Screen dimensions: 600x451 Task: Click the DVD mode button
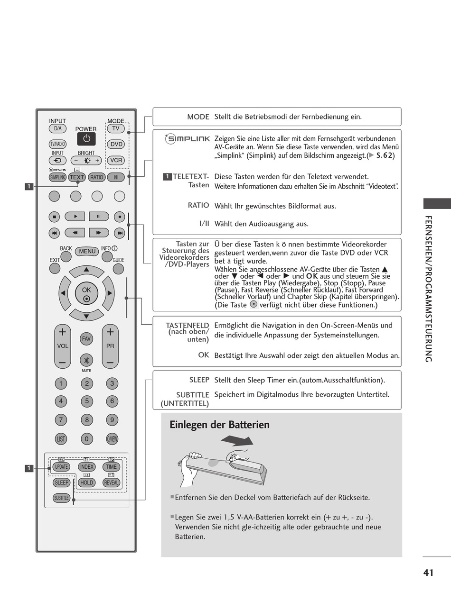[116, 144]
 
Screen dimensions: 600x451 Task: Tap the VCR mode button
[116, 160]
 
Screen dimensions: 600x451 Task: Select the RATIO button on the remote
[96, 177]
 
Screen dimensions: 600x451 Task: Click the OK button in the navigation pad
[86, 294]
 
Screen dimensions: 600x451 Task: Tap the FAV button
[86, 339]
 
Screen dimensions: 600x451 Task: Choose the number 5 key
[86, 401]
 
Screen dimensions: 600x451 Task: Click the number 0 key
[86, 439]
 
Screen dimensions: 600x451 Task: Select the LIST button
[61, 439]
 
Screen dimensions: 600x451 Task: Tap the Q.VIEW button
[112, 439]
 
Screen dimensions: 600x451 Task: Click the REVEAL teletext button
[112, 482]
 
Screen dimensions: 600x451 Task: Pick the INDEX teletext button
[86, 467]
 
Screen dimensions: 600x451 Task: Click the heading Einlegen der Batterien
[219, 425]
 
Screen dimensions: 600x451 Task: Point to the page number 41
[428, 573]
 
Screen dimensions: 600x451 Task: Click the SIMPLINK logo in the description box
[188, 139]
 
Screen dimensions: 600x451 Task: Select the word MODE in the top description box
[198, 117]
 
